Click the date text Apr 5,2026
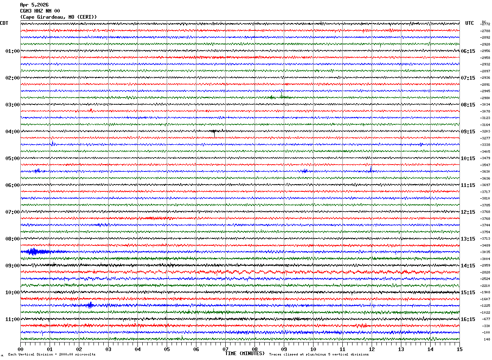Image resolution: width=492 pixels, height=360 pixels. [x=34, y=5]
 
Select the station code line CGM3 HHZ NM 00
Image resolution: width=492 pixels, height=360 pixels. [x=40, y=11]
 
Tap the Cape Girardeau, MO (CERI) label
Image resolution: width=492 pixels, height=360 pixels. [x=58, y=17]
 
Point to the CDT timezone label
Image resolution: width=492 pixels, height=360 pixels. [x=4, y=23]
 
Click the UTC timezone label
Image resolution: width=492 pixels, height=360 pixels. [x=470, y=23]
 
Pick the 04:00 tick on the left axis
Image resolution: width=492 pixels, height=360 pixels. [x=12, y=132]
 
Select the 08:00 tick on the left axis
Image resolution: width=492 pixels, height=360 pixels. [x=12, y=239]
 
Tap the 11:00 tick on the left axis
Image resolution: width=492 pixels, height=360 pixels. [x=12, y=319]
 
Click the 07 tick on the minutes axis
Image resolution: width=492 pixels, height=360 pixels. [x=225, y=349]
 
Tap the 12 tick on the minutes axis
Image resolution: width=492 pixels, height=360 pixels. [x=371, y=349]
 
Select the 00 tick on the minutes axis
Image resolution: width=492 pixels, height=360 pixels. [x=20, y=349]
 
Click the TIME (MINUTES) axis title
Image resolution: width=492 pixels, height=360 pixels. [x=245, y=353]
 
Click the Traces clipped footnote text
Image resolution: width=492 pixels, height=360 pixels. [x=319, y=355]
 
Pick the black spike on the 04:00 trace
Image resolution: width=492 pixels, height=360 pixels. [x=214, y=131]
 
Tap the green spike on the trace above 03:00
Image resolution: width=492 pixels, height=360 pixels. [x=281, y=96]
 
